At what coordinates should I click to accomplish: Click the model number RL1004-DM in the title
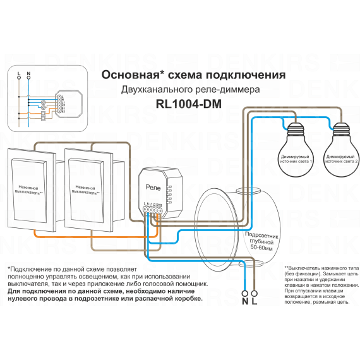pyautogui.click(x=188, y=105)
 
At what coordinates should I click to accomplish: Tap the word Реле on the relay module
pyautogui.click(x=153, y=188)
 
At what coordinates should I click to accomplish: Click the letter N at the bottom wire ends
pyautogui.click(x=244, y=301)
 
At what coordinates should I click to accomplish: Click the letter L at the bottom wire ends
pyautogui.click(x=255, y=301)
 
